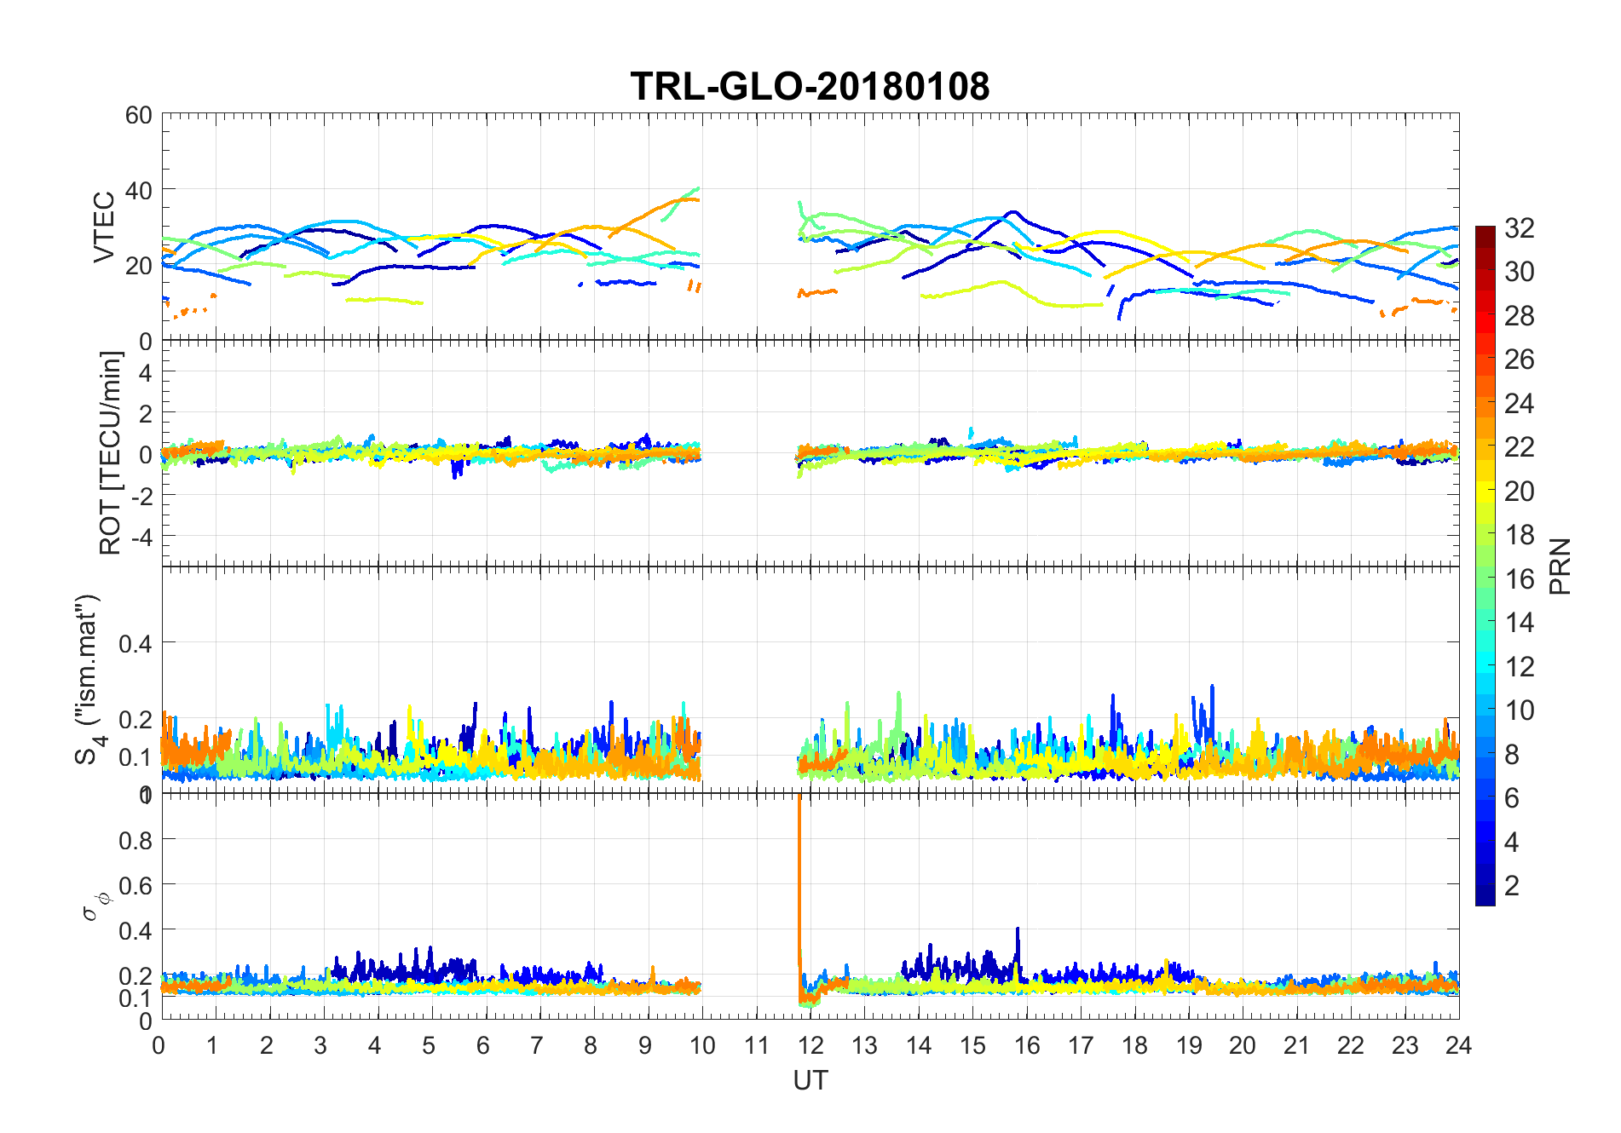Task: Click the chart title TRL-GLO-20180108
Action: coord(810,87)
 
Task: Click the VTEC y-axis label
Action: coord(104,227)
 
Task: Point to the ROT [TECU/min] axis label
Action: coord(110,453)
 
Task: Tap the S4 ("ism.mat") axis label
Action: coord(88,680)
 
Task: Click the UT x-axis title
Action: coord(810,1081)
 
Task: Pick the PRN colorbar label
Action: coord(1560,566)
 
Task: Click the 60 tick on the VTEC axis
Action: coord(139,115)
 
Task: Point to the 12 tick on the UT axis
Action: coord(810,1045)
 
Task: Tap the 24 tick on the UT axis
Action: coord(1458,1045)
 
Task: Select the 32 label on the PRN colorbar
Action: coord(1519,227)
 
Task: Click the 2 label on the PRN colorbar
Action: coord(1512,885)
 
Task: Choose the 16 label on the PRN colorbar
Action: coord(1519,579)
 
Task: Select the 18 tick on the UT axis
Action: coord(1134,1045)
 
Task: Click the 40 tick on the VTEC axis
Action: coord(139,190)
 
